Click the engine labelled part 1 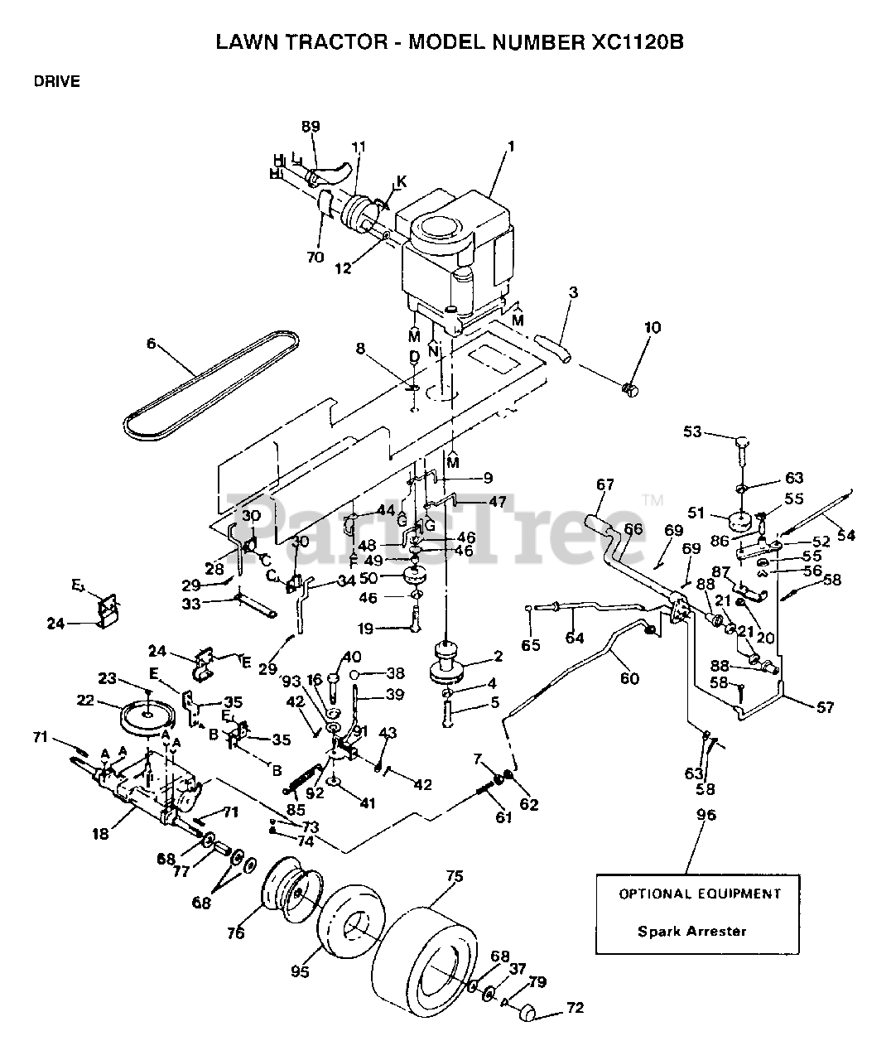pos(451,248)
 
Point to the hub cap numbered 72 pos(527,1012)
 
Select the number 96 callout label pos(706,815)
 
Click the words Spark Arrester pos(691,931)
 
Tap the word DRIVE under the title pos(57,81)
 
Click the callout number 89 pos(311,126)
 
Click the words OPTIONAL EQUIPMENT pos(700,894)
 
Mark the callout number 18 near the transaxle pos(101,834)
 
